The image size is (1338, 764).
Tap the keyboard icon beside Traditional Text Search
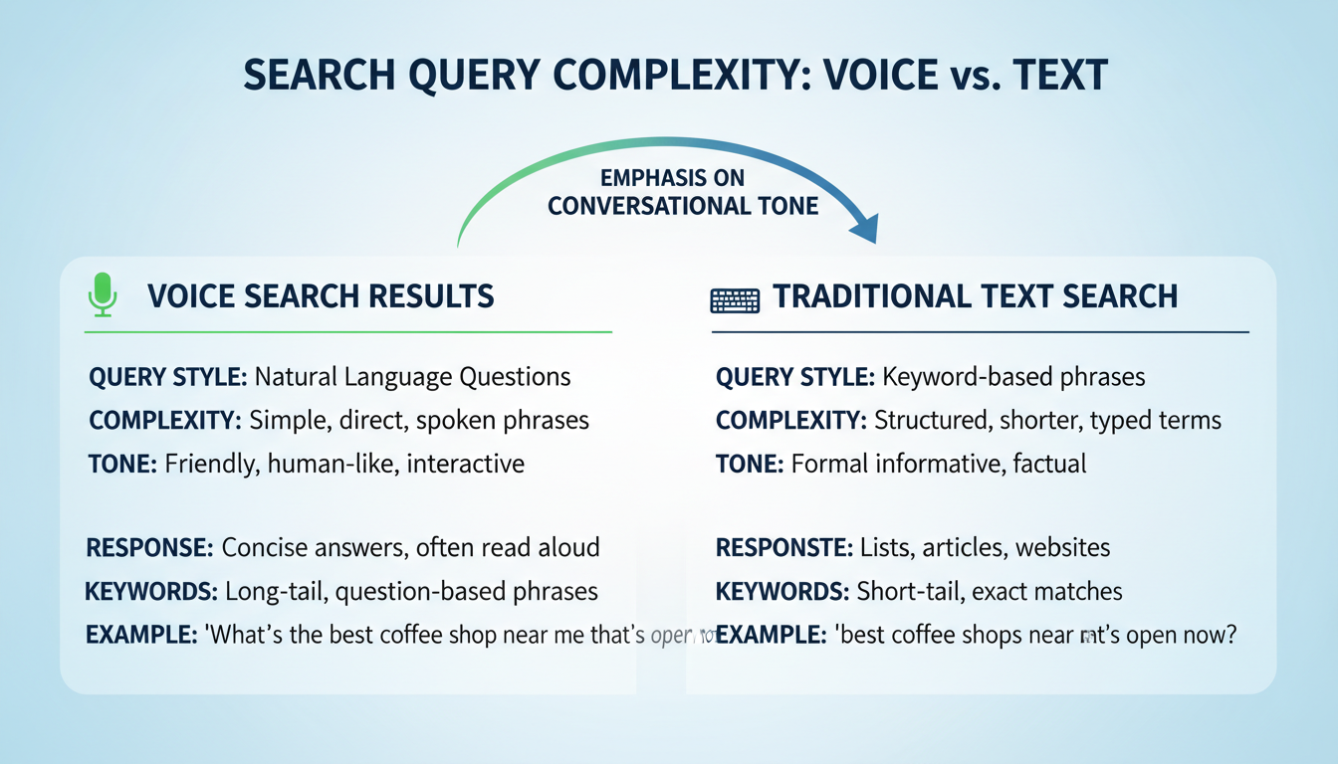[735, 298]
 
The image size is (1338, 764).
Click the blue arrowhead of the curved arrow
[864, 229]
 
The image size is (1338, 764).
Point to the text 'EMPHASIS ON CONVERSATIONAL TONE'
[683, 192]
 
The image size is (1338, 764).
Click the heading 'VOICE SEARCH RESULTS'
[321, 295]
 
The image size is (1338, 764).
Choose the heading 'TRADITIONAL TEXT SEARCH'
[976, 295]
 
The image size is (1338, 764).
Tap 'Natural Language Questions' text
[412, 377]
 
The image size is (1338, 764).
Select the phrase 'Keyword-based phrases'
[1013, 377]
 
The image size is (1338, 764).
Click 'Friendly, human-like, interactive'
[343, 464]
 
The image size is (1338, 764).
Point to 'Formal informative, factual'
[939, 464]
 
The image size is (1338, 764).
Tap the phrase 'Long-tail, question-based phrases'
[411, 592]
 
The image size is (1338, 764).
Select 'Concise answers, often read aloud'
[410, 547]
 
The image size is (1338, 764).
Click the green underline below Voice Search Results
[348, 331]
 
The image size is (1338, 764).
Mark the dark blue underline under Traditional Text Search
[980, 331]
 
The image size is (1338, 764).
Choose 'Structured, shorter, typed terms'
[1047, 420]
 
